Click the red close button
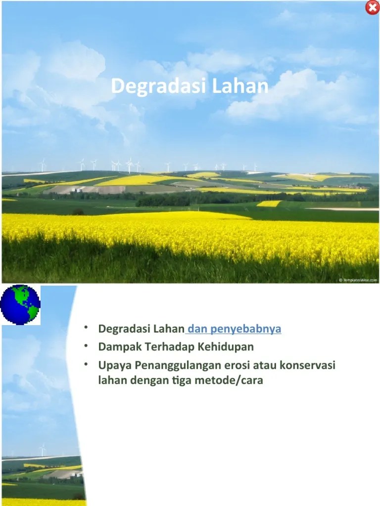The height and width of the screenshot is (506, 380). pos(372,8)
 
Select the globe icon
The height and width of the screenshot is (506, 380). pos(20,304)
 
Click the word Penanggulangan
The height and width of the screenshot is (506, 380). pos(173,366)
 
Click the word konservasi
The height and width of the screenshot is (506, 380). pos(307,366)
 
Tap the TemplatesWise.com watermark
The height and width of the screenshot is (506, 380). pos(358,280)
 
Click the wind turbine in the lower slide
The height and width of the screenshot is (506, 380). pos(43,449)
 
